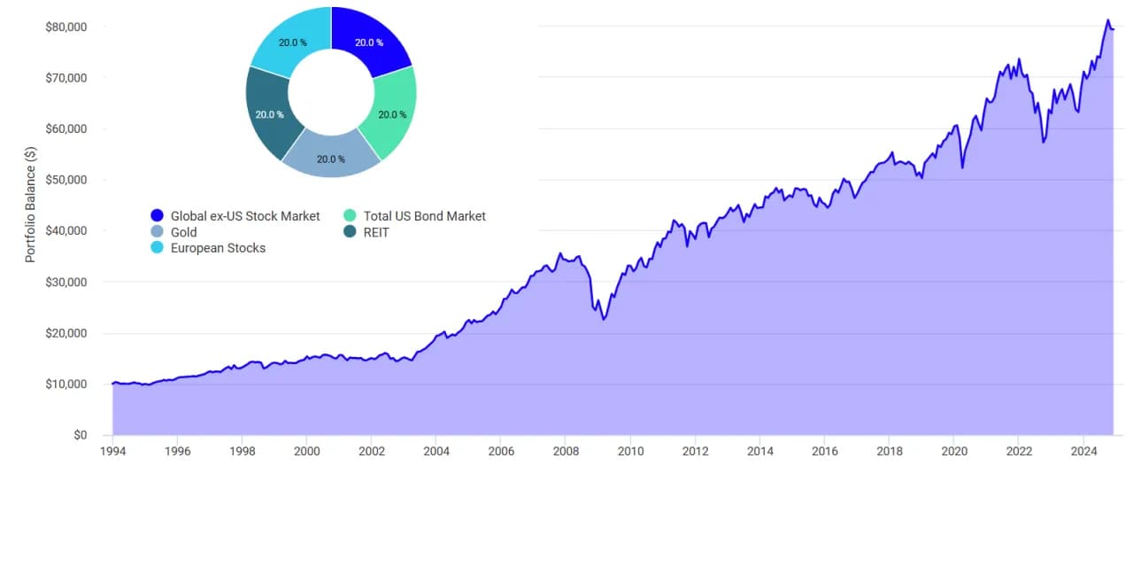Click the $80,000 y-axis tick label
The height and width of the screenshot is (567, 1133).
pyautogui.click(x=66, y=27)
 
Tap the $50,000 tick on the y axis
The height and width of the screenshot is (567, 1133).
pyautogui.click(x=66, y=180)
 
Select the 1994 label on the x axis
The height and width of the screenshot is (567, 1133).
pyautogui.click(x=113, y=452)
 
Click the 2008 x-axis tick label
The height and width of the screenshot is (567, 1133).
pyautogui.click(x=566, y=452)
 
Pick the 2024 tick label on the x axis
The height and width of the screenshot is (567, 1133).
pyautogui.click(x=1083, y=452)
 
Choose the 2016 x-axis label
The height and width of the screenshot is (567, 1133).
pyautogui.click(x=824, y=452)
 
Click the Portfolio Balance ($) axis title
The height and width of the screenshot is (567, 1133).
pyautogui.click(x=30, y=204)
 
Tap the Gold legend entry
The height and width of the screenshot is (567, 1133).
pyautogui.click(x=183, y=232)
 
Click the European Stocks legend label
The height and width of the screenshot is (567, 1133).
pyautogui.click(x=218, y=248)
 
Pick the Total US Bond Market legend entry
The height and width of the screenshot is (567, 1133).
pyautogui.click(x=424, y=216)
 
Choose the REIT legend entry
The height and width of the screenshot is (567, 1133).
pyautogui.click(x=376, y=232)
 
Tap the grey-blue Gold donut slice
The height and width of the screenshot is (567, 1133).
pyautogui.click(x=331, y=157)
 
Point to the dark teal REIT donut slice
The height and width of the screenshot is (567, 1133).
pyautogui.click(x=268, y=113)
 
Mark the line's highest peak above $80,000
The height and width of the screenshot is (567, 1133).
pyautogui.click(x=1107, y=20)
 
